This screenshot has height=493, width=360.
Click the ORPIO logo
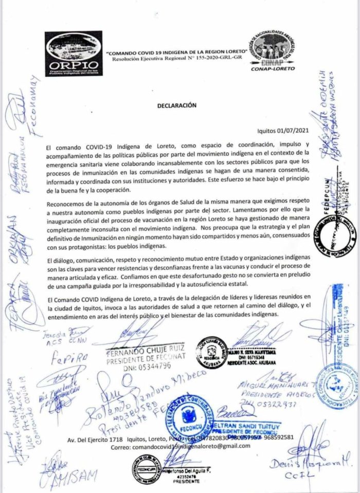coord(73,53)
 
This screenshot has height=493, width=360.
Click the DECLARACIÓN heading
coord(177,104)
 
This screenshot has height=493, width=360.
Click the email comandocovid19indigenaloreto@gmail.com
coord(180,446)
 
